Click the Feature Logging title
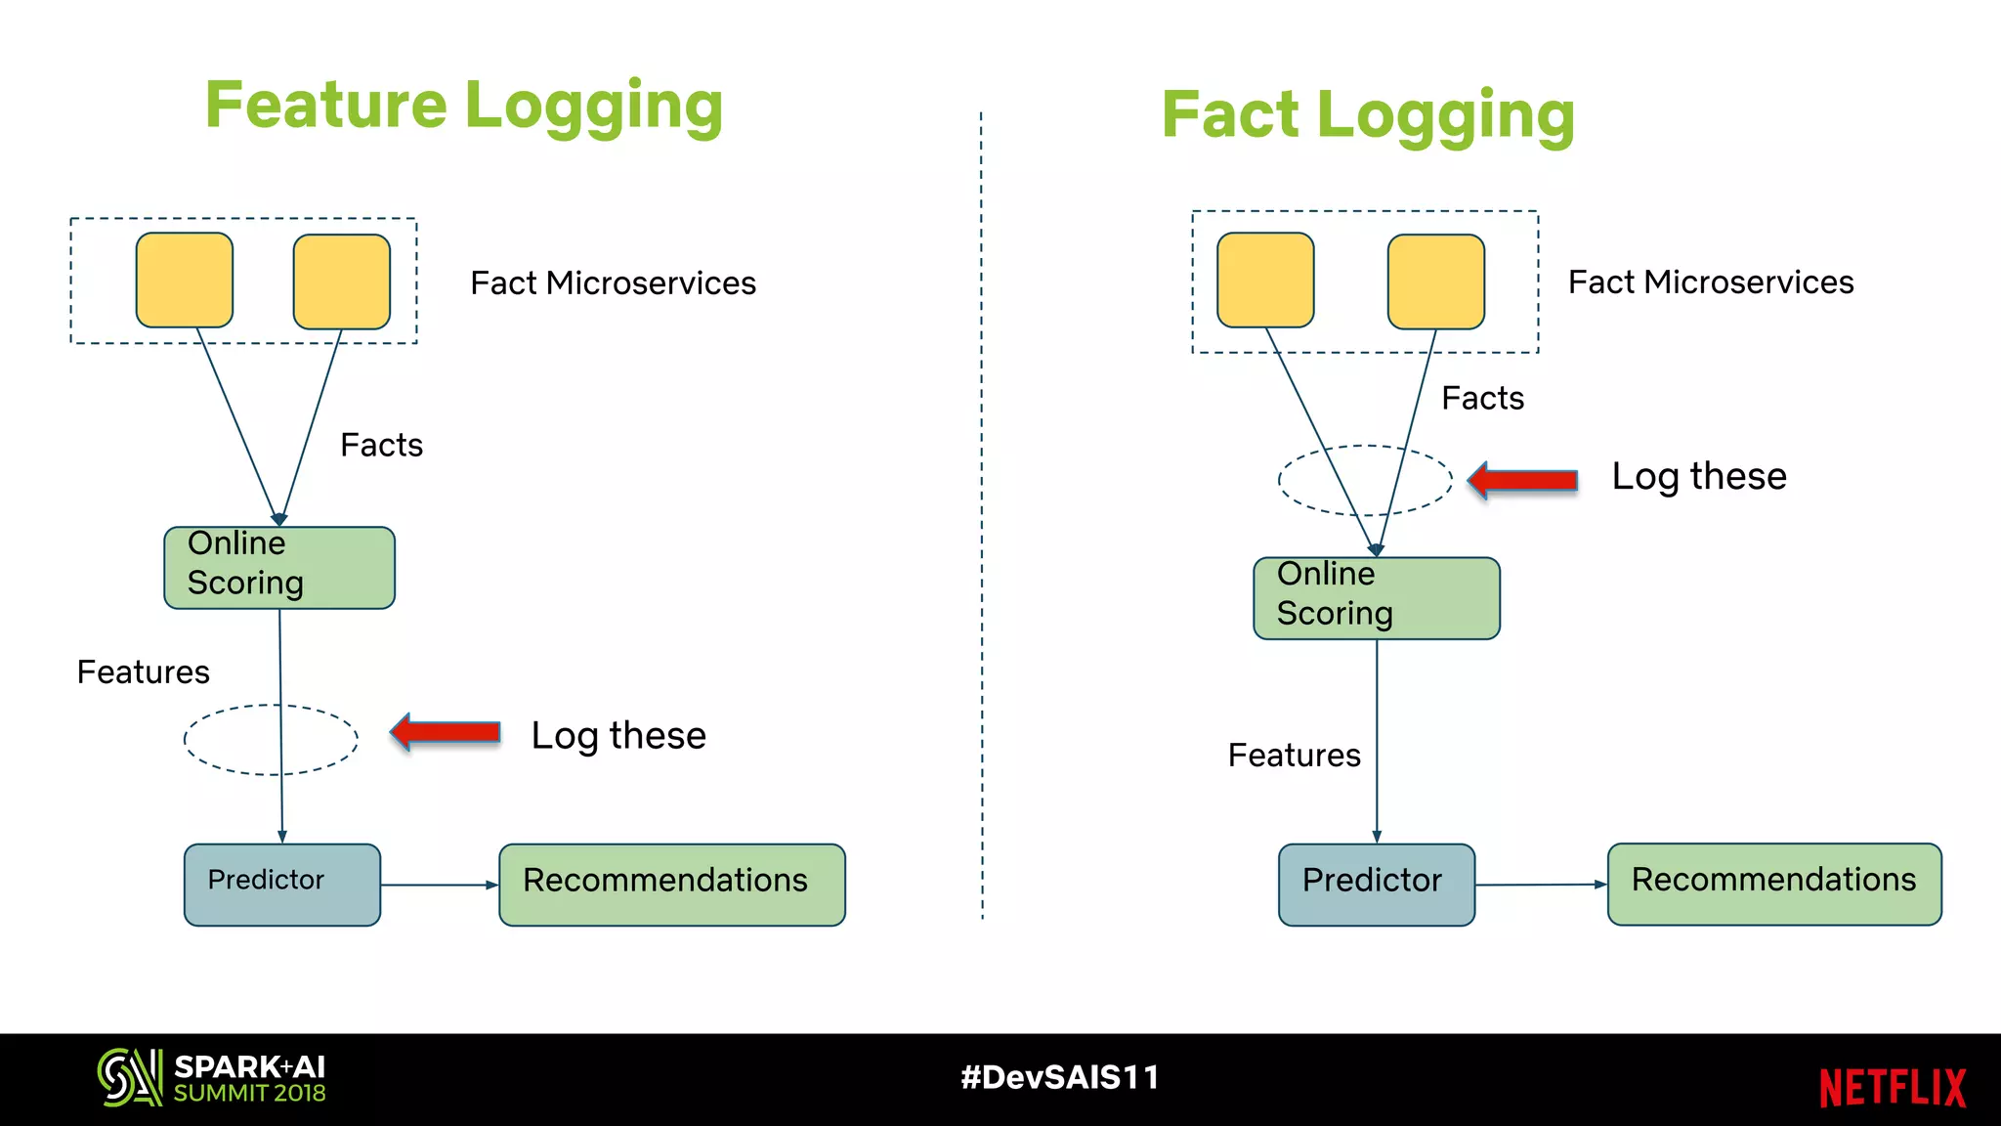(464, 106)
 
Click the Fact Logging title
(1368, 115)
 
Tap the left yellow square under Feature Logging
(185, 281)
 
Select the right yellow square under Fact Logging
(1435, 281)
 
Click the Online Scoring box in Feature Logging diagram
(279, 568)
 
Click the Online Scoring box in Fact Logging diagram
(1376, 598)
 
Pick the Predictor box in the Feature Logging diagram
(282, 885)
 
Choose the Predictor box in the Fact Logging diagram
(1376, 885)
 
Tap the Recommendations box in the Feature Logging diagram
(671, 885)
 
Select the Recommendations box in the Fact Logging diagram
(1773, 884)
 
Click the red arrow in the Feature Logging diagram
(447, 732)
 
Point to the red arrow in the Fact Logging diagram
(1523, 480)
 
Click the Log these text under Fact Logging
(1698, 477)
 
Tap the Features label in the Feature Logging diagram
(144, 672)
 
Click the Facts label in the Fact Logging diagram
(1482, 399)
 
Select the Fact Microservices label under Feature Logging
(613, 283)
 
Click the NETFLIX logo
(1892, 1088)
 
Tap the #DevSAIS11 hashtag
(1059, 1077)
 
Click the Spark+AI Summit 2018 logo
(211, 1078)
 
